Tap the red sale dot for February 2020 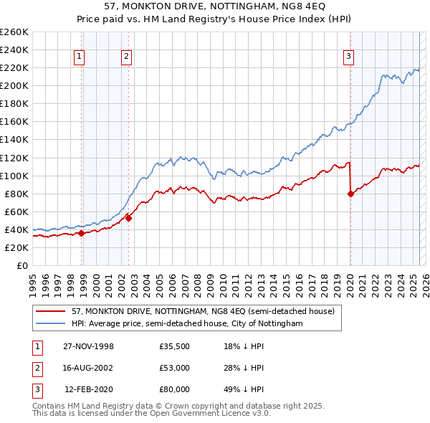350,194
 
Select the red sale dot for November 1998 82,233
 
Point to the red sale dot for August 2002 129,218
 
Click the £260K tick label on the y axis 14,32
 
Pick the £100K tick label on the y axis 14,176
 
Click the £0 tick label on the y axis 22,265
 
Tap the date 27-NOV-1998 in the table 88,346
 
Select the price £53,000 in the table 174,368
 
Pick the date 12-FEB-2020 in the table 89,389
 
